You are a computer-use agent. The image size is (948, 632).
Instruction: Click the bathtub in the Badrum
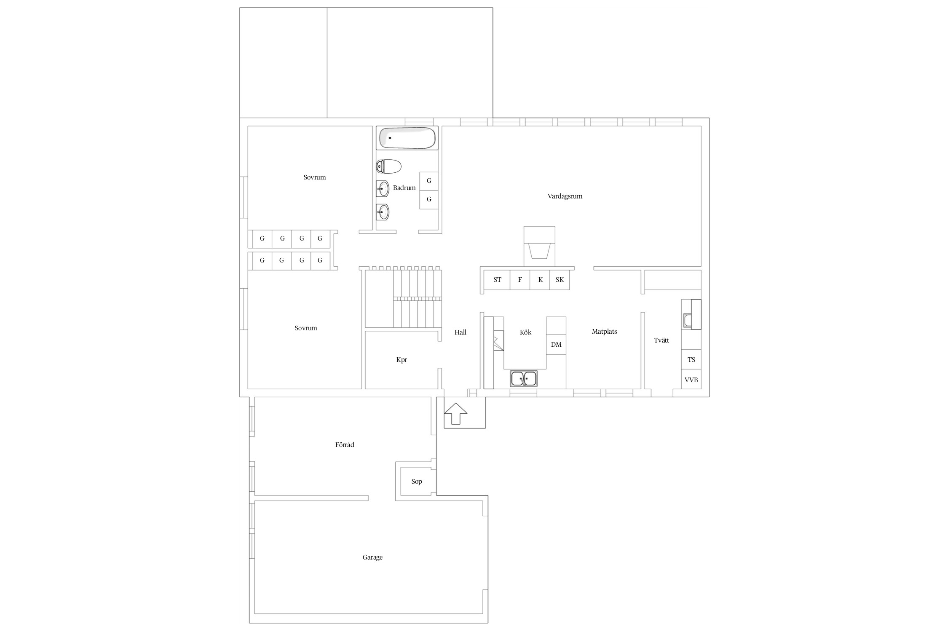407,138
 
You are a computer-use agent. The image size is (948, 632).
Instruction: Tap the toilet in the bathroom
388,166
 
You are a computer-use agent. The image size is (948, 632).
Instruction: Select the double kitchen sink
524,379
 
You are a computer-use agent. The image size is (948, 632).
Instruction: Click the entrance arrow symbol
455,413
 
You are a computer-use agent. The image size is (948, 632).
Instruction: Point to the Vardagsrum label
565,196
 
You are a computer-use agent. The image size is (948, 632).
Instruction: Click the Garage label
372,557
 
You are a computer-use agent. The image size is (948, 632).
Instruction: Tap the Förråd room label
345,445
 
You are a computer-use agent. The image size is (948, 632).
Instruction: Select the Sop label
417,482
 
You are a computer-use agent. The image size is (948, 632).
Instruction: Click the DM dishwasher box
556,345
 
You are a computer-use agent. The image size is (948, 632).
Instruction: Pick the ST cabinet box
497,280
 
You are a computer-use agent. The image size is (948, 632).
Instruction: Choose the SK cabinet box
560,280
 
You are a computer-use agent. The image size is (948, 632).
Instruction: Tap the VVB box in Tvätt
691,380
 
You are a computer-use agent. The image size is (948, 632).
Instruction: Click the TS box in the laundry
691,360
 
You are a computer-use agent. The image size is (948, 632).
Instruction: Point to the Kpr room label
402,360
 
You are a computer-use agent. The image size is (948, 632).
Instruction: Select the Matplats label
604,332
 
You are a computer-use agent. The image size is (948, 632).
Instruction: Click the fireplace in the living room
539,246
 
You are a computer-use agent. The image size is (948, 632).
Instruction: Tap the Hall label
461,332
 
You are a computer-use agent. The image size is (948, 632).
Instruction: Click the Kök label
525,332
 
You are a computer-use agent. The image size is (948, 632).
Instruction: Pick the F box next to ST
520,280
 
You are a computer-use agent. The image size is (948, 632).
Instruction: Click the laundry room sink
687,321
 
